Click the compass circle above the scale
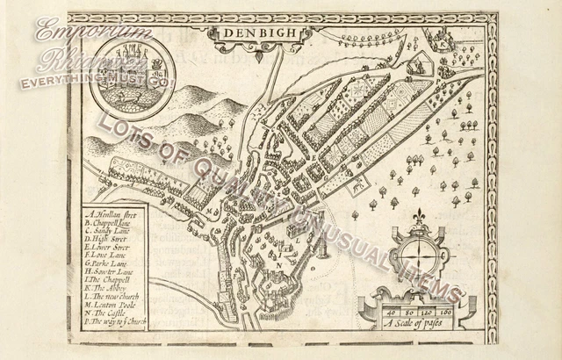419,256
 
